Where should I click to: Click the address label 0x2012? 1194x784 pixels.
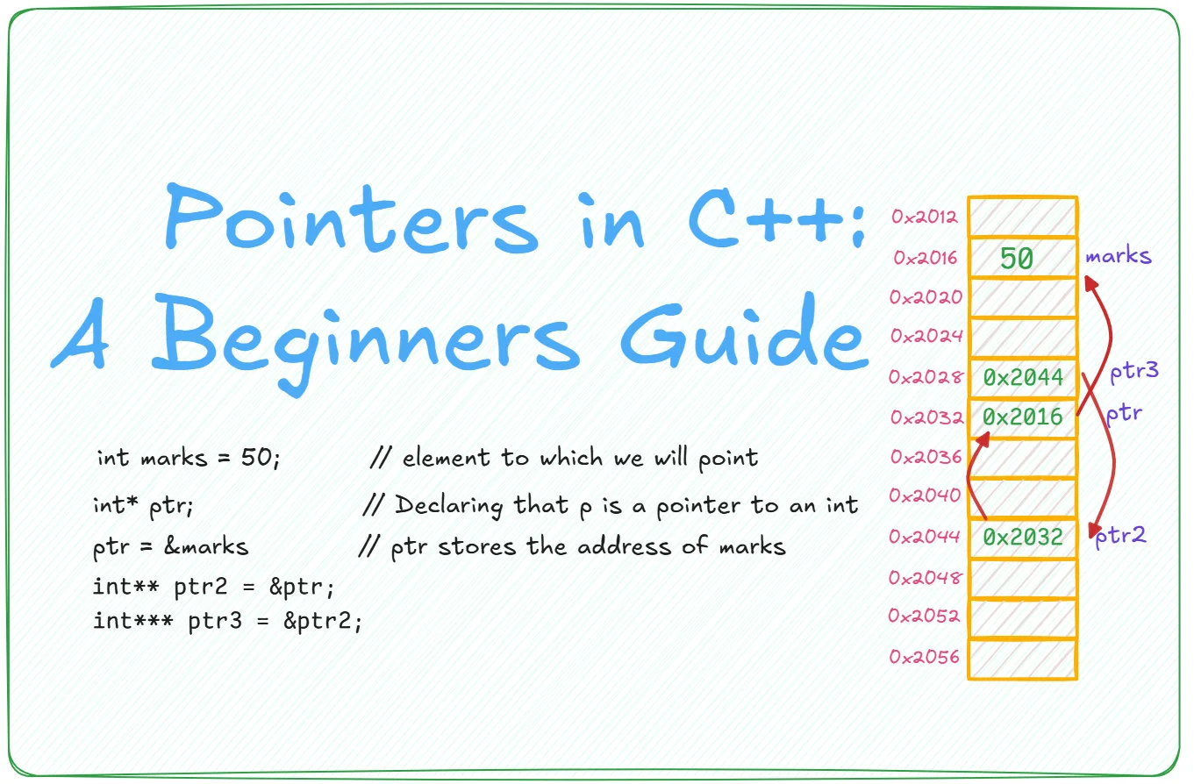[x=925, y=217]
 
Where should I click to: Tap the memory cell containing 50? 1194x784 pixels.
[x=1023, y=258]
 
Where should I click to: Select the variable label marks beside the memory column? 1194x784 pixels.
[x=1119, y=255]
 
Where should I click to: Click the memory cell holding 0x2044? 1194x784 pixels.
[x=1023, y=378]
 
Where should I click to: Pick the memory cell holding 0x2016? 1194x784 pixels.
[x=1023, y=417]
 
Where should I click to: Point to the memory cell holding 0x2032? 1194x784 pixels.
[x=1023, y=538]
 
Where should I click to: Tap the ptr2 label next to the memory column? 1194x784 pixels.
[x=1120, y=536]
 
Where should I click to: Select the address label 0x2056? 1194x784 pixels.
[x=925, y=657]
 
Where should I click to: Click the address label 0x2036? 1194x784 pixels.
[x=926, y=457]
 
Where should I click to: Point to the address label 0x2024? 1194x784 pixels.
[x=926, y=336]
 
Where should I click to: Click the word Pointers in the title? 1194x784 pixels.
[x=352, y=218]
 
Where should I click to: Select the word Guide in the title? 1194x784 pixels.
[x=745, y=332]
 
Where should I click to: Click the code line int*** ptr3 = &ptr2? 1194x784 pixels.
[x=227, y=621]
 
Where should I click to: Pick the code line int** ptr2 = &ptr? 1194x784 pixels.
[x=214, y=587]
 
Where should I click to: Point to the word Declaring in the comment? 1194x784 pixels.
[x=449, y=505]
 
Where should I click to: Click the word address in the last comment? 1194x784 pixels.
[x=624, y=546]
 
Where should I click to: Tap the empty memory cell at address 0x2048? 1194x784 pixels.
[x=1023, y=578]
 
